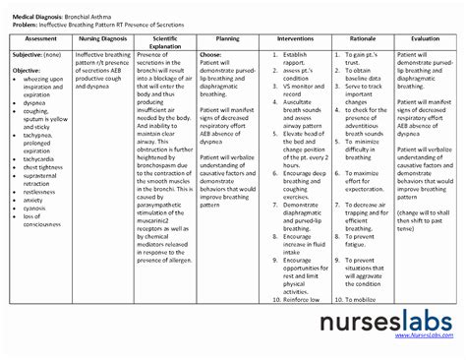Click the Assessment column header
point(40,38)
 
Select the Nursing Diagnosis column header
point(102,38)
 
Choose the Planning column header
point(227,38)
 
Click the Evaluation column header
point(425,38)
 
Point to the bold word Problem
point(24,17)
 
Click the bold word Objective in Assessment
point(27,71)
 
